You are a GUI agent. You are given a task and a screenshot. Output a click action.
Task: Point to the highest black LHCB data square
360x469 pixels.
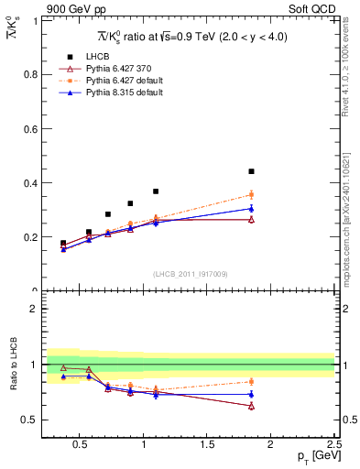point(251,171)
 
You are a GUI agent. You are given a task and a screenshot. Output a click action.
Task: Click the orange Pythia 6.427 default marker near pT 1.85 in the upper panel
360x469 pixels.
point(251,194)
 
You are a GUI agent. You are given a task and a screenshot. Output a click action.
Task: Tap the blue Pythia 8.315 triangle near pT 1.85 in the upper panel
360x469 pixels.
point(251,208)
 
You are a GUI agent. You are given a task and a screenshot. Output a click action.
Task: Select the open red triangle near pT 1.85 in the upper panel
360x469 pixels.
point(251,220)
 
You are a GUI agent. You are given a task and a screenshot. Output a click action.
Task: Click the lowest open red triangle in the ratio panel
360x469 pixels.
point(251,406)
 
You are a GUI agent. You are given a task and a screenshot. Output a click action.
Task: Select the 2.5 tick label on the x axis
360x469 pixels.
point(333,445)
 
